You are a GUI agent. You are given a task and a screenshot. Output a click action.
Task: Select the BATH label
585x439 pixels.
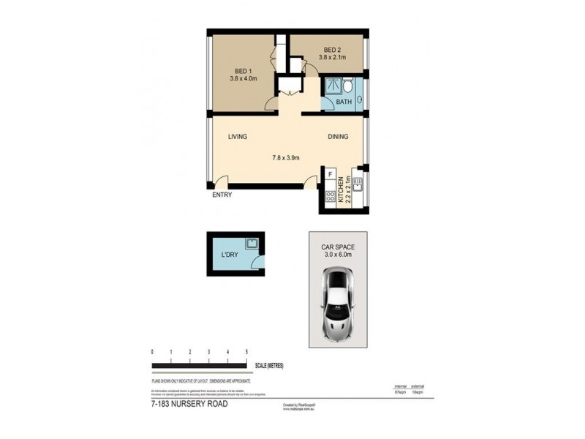pyautogui.click(x=344, y=102)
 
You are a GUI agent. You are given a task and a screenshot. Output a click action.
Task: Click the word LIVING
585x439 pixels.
pyautogui.click(x=238, y=137)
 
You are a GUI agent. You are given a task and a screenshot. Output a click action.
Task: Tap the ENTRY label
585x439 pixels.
pyautogui.click(x=222, y=195)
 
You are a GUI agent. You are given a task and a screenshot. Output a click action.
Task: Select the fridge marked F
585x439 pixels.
pyautogui.click(x=331, y=176)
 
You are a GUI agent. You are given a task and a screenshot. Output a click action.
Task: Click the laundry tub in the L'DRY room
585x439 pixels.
pyautogui.click(x=251, y=243)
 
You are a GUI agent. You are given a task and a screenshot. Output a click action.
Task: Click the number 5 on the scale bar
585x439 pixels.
pyautogui.click(x=247, y=352)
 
